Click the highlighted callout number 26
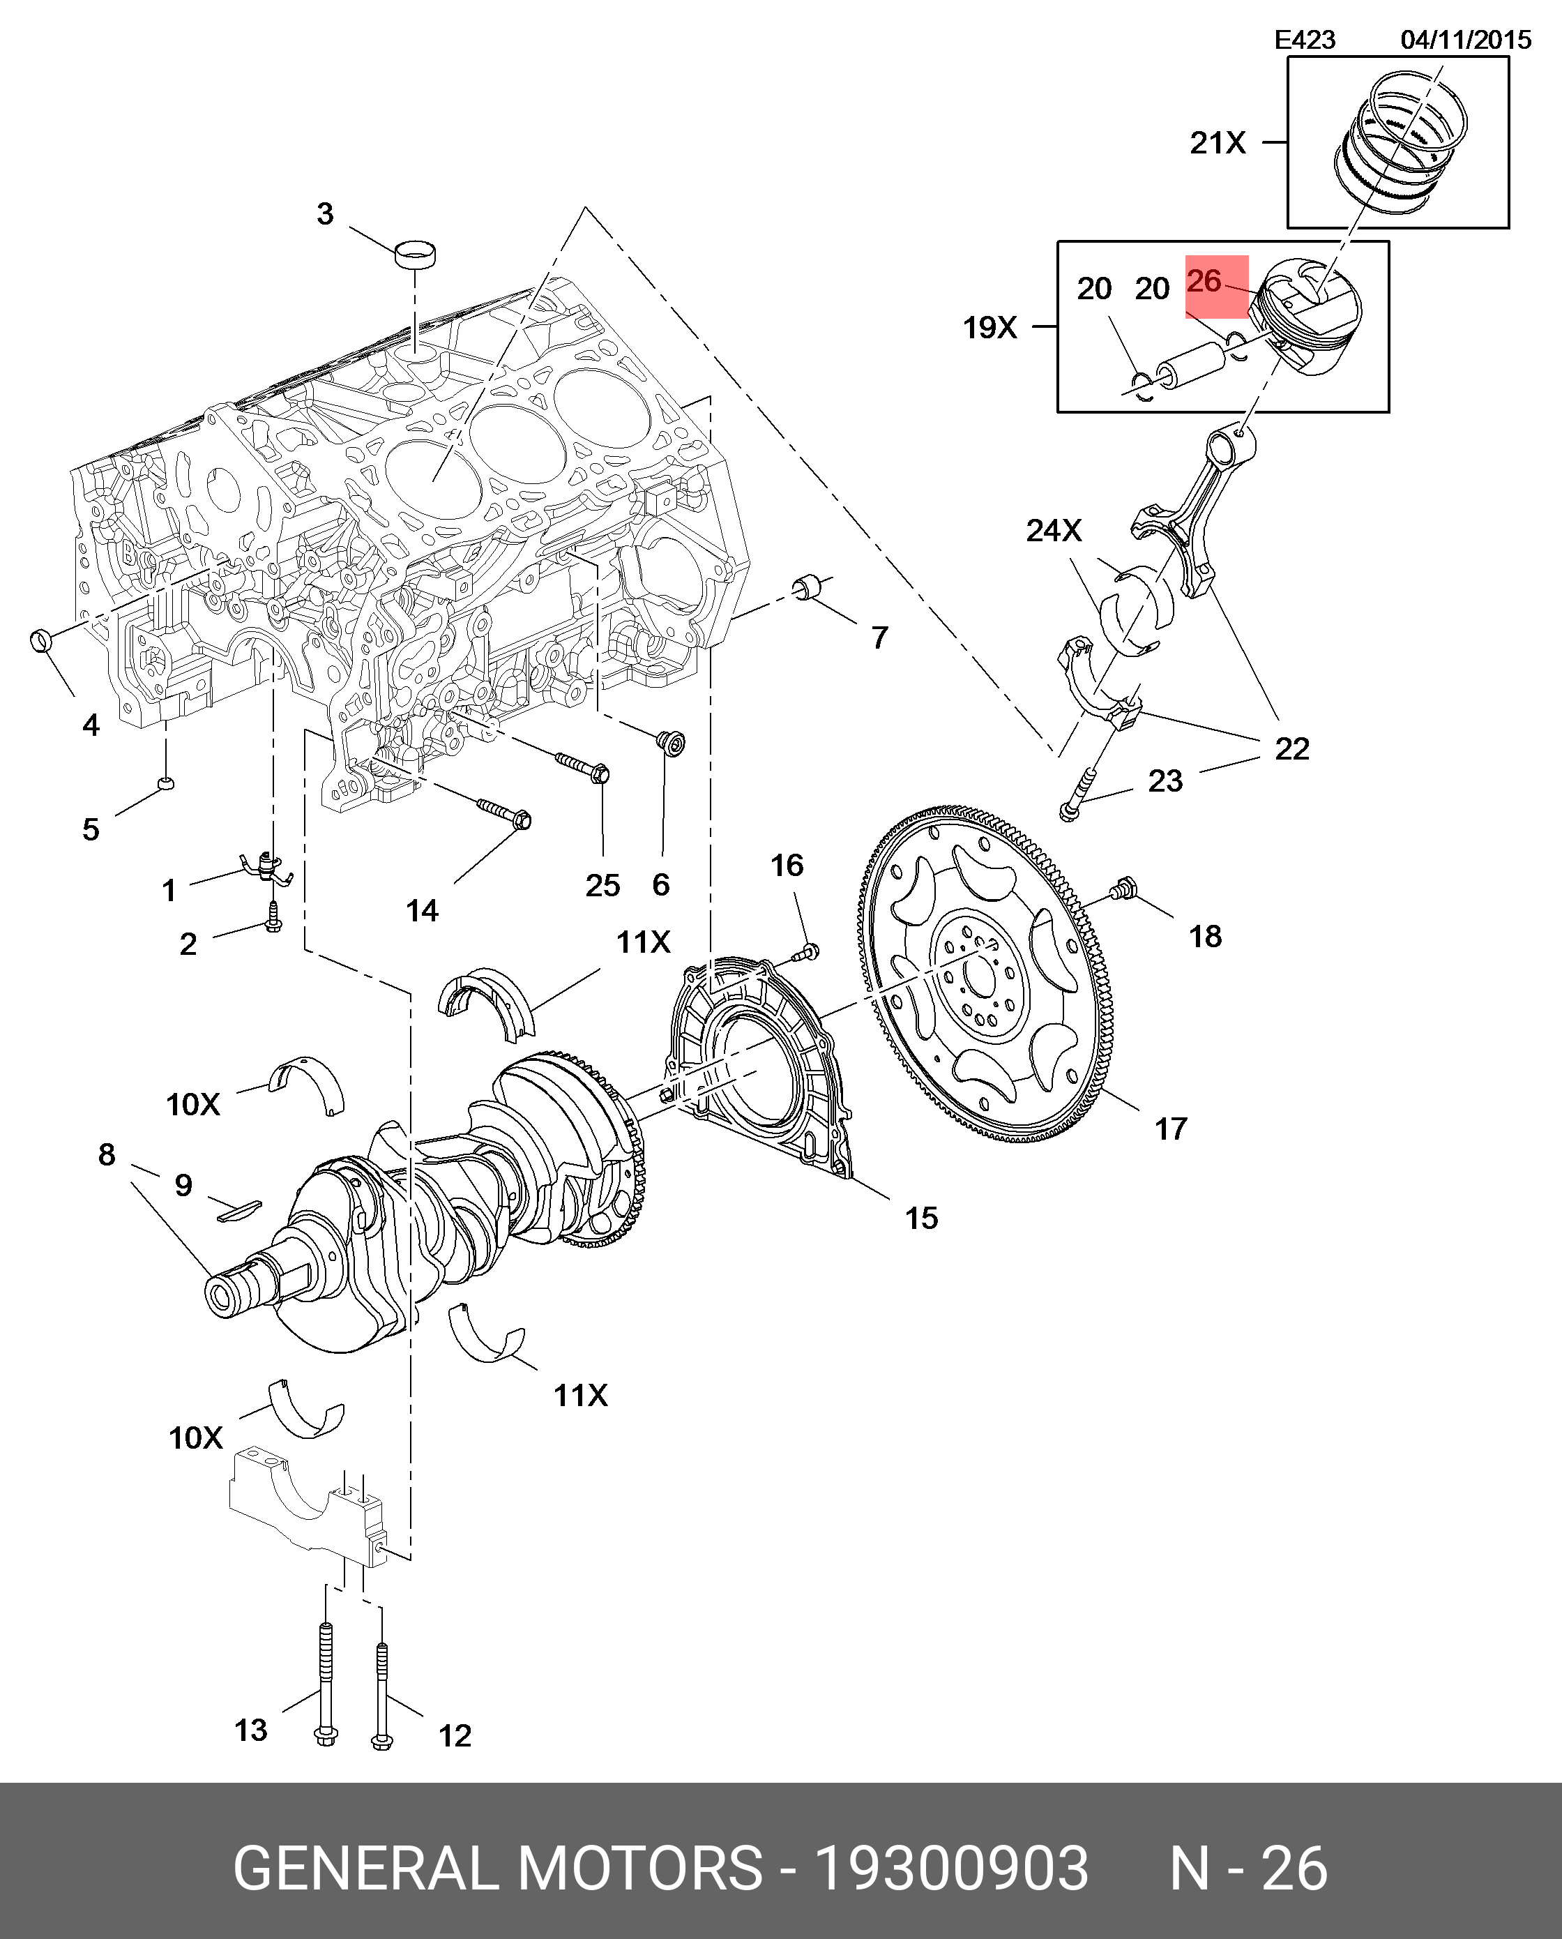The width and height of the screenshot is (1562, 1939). tap(1205, 282)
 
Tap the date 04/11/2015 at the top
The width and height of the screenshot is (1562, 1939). tap(1466, 40)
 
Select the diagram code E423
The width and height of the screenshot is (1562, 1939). tap(1305, 40)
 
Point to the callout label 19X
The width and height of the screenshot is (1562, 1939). tap(989, 328)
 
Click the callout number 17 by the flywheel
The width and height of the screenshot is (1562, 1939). tap(1171, 1129)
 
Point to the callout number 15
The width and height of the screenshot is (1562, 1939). tap(921, 1219)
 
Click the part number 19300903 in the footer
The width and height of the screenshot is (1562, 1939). tap(951, 1868)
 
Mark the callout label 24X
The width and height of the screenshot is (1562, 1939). tap(1054, 531)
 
